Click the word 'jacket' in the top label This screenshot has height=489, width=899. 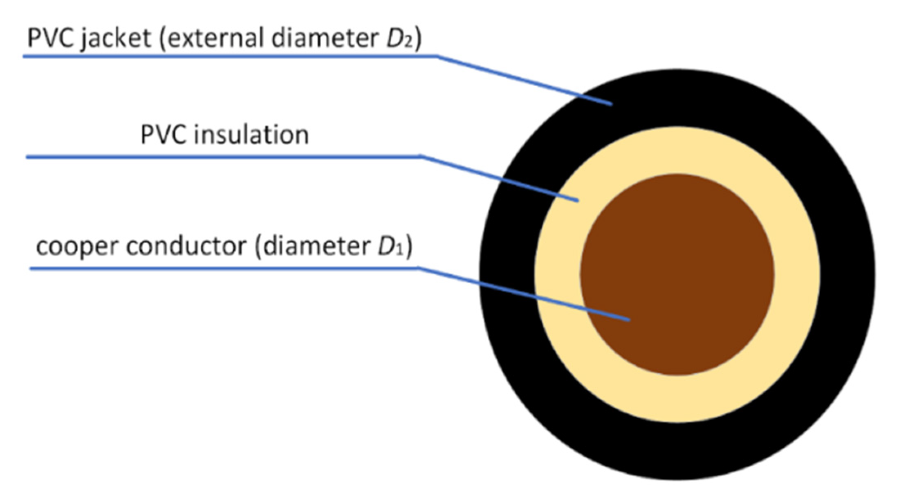[x=116, y=39]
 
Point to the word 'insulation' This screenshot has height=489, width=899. [x=251, y=135]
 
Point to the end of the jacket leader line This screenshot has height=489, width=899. [x=612, y=105]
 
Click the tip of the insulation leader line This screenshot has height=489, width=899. [x=578, y=201]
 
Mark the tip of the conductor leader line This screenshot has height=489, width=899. [x=629, y=320]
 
